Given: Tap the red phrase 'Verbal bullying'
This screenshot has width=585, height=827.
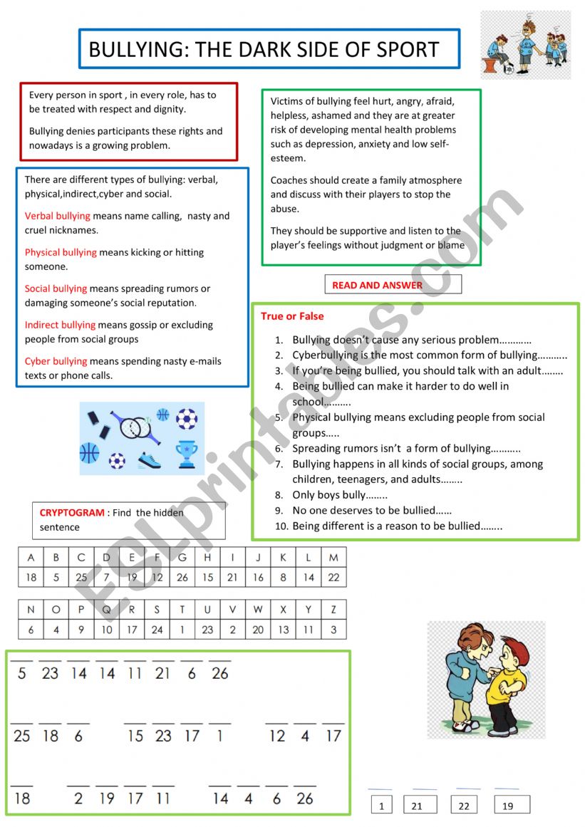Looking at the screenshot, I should click(x=58, y=216).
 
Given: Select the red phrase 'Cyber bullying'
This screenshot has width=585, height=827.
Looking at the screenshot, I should click(x=56, y=361).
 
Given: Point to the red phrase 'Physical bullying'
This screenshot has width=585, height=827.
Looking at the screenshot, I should click(x=61, y=252).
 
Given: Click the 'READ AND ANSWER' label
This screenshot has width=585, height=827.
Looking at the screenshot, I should click(x=377, y=285).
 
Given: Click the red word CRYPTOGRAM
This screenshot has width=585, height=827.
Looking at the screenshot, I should click(x=72, y=512).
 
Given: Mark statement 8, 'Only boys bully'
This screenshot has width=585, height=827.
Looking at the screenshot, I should click(x=339, y=495).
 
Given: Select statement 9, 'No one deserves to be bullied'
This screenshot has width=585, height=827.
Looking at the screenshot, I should click(x=371, y=511).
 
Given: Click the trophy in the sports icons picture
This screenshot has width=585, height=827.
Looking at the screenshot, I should click(x=187, y=454).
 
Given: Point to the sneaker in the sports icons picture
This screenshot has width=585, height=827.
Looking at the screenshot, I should click(x=149, y=461).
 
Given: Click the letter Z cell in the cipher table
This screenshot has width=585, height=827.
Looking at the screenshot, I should click(x=333, y=610).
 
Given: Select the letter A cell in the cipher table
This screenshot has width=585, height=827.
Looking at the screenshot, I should click(x=31, y=558).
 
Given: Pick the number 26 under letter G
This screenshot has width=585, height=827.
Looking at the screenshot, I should click(x=182, y=577).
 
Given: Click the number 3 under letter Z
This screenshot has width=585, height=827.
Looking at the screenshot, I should click(x=333, y=630).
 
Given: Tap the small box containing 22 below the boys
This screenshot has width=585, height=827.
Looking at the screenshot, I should click(x=464, y=806).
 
